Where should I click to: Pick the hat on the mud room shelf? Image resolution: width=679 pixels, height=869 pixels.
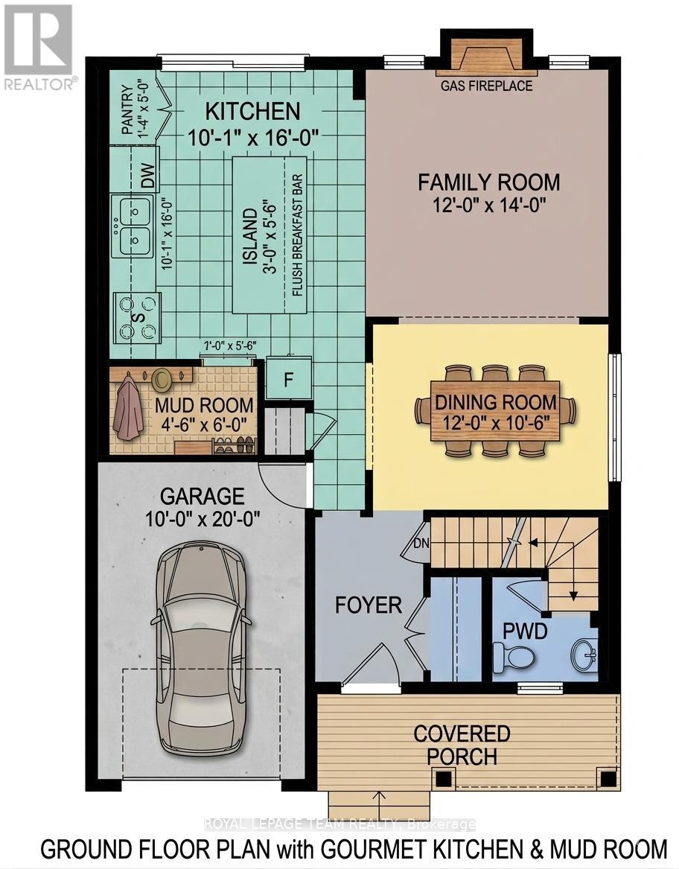pyautogui.click(x=162, y=379)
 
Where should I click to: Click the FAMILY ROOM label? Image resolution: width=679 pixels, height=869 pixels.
pyautogui.click(x=488, y=182)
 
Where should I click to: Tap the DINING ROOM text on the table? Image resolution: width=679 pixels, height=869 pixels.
pyautogui.click(x=496, y=403)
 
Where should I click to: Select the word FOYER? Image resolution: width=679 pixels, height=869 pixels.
pyautogui.click(x=369, y=605)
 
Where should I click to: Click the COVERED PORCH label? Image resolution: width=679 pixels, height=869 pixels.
pyautogui.click(x=462, y=745)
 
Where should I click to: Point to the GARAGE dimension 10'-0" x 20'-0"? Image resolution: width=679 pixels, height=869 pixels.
pyautogui.click(x=203, y=519)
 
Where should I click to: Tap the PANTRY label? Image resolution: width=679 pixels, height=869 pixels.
pyautogui.click(x=127, y=111)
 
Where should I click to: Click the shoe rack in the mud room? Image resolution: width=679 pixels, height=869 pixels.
pyautogui.click(x=232, y=445)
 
